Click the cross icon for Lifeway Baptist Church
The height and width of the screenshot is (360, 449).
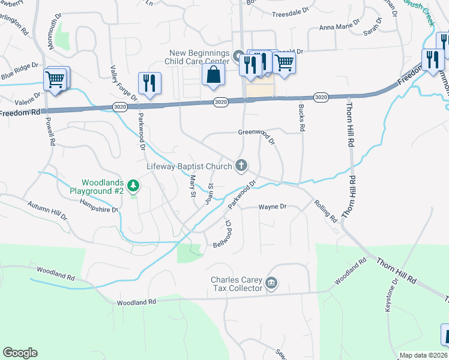coord(241,165)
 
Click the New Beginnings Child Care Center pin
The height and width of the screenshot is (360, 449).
coord(238,58)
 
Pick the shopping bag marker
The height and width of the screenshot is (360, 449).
coord(213,76)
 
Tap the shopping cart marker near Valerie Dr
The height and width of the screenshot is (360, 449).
coord(55,79)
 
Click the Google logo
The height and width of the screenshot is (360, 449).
coord(20,353)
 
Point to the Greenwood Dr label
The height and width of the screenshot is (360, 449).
coord(256,137)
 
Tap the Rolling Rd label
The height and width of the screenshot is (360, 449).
coord(325,211)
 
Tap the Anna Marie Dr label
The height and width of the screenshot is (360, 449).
coord(339,25)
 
